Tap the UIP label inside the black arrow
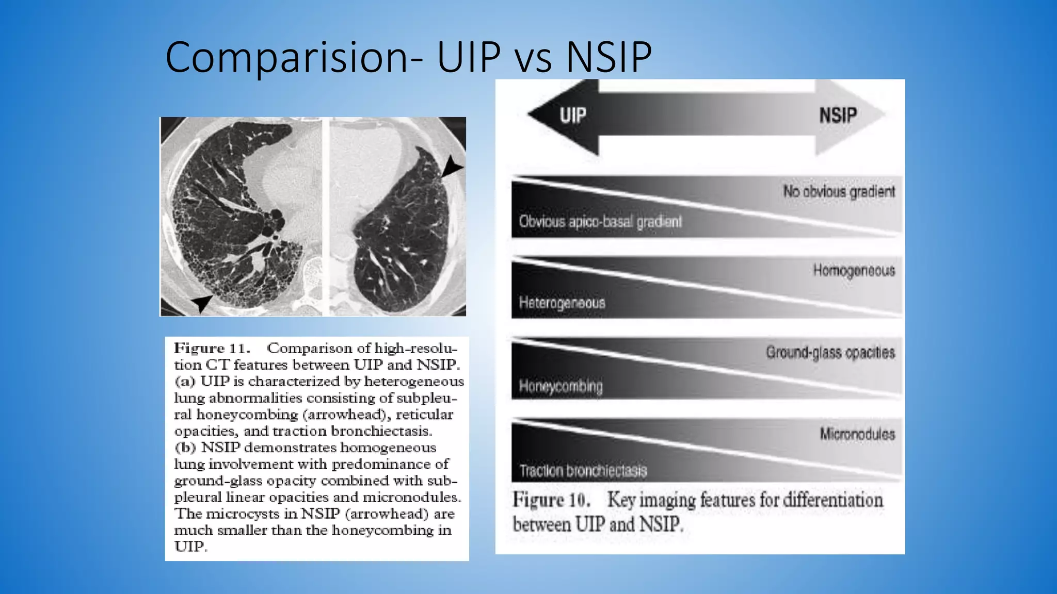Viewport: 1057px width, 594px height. tap(573, 115)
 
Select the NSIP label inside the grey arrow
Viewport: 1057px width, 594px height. tap(838, 115)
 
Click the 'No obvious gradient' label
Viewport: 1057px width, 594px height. tap(839, 192)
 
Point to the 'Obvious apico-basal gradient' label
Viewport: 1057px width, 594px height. tap(600, 222)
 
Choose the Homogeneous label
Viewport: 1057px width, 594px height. tap(854, 271)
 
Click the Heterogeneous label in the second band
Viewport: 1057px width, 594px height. tap(562, 303)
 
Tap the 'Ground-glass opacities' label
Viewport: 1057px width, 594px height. tap(830, 353)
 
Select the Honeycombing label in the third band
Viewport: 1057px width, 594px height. tap(560, 386)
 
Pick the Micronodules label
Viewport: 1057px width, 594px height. tap(857, 434)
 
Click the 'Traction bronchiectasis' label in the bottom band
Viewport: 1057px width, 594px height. tap(583, 471)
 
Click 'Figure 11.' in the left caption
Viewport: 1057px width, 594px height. tap(212, 349)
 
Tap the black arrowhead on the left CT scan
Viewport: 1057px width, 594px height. tap(202, 303)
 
